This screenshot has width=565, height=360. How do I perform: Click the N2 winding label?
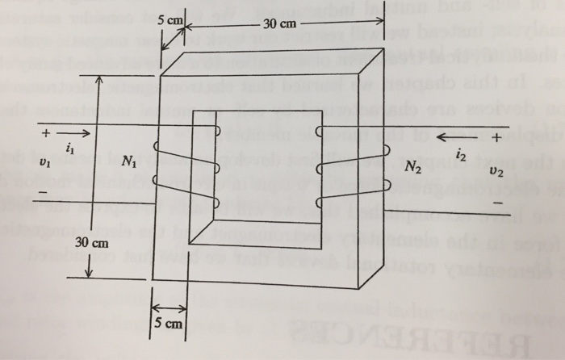(414, 168)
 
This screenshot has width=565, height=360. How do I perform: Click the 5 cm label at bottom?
(169, 324)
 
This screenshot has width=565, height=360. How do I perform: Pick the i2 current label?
(460, 153)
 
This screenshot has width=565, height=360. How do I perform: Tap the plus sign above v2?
(495, 137)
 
